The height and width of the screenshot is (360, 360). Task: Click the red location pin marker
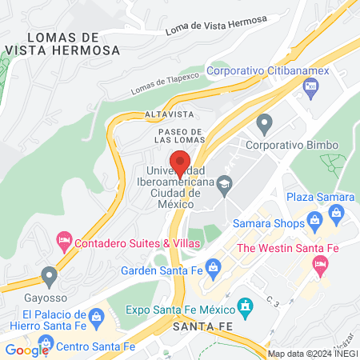(180, 162)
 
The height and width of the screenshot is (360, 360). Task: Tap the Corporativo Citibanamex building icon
(310, 91)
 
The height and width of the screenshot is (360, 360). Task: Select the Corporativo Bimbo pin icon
(264, 124)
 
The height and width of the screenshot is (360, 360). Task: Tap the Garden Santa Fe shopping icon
(213, 267)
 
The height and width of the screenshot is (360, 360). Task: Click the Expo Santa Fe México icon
(245, 305)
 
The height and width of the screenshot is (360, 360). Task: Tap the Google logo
(26, 350)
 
